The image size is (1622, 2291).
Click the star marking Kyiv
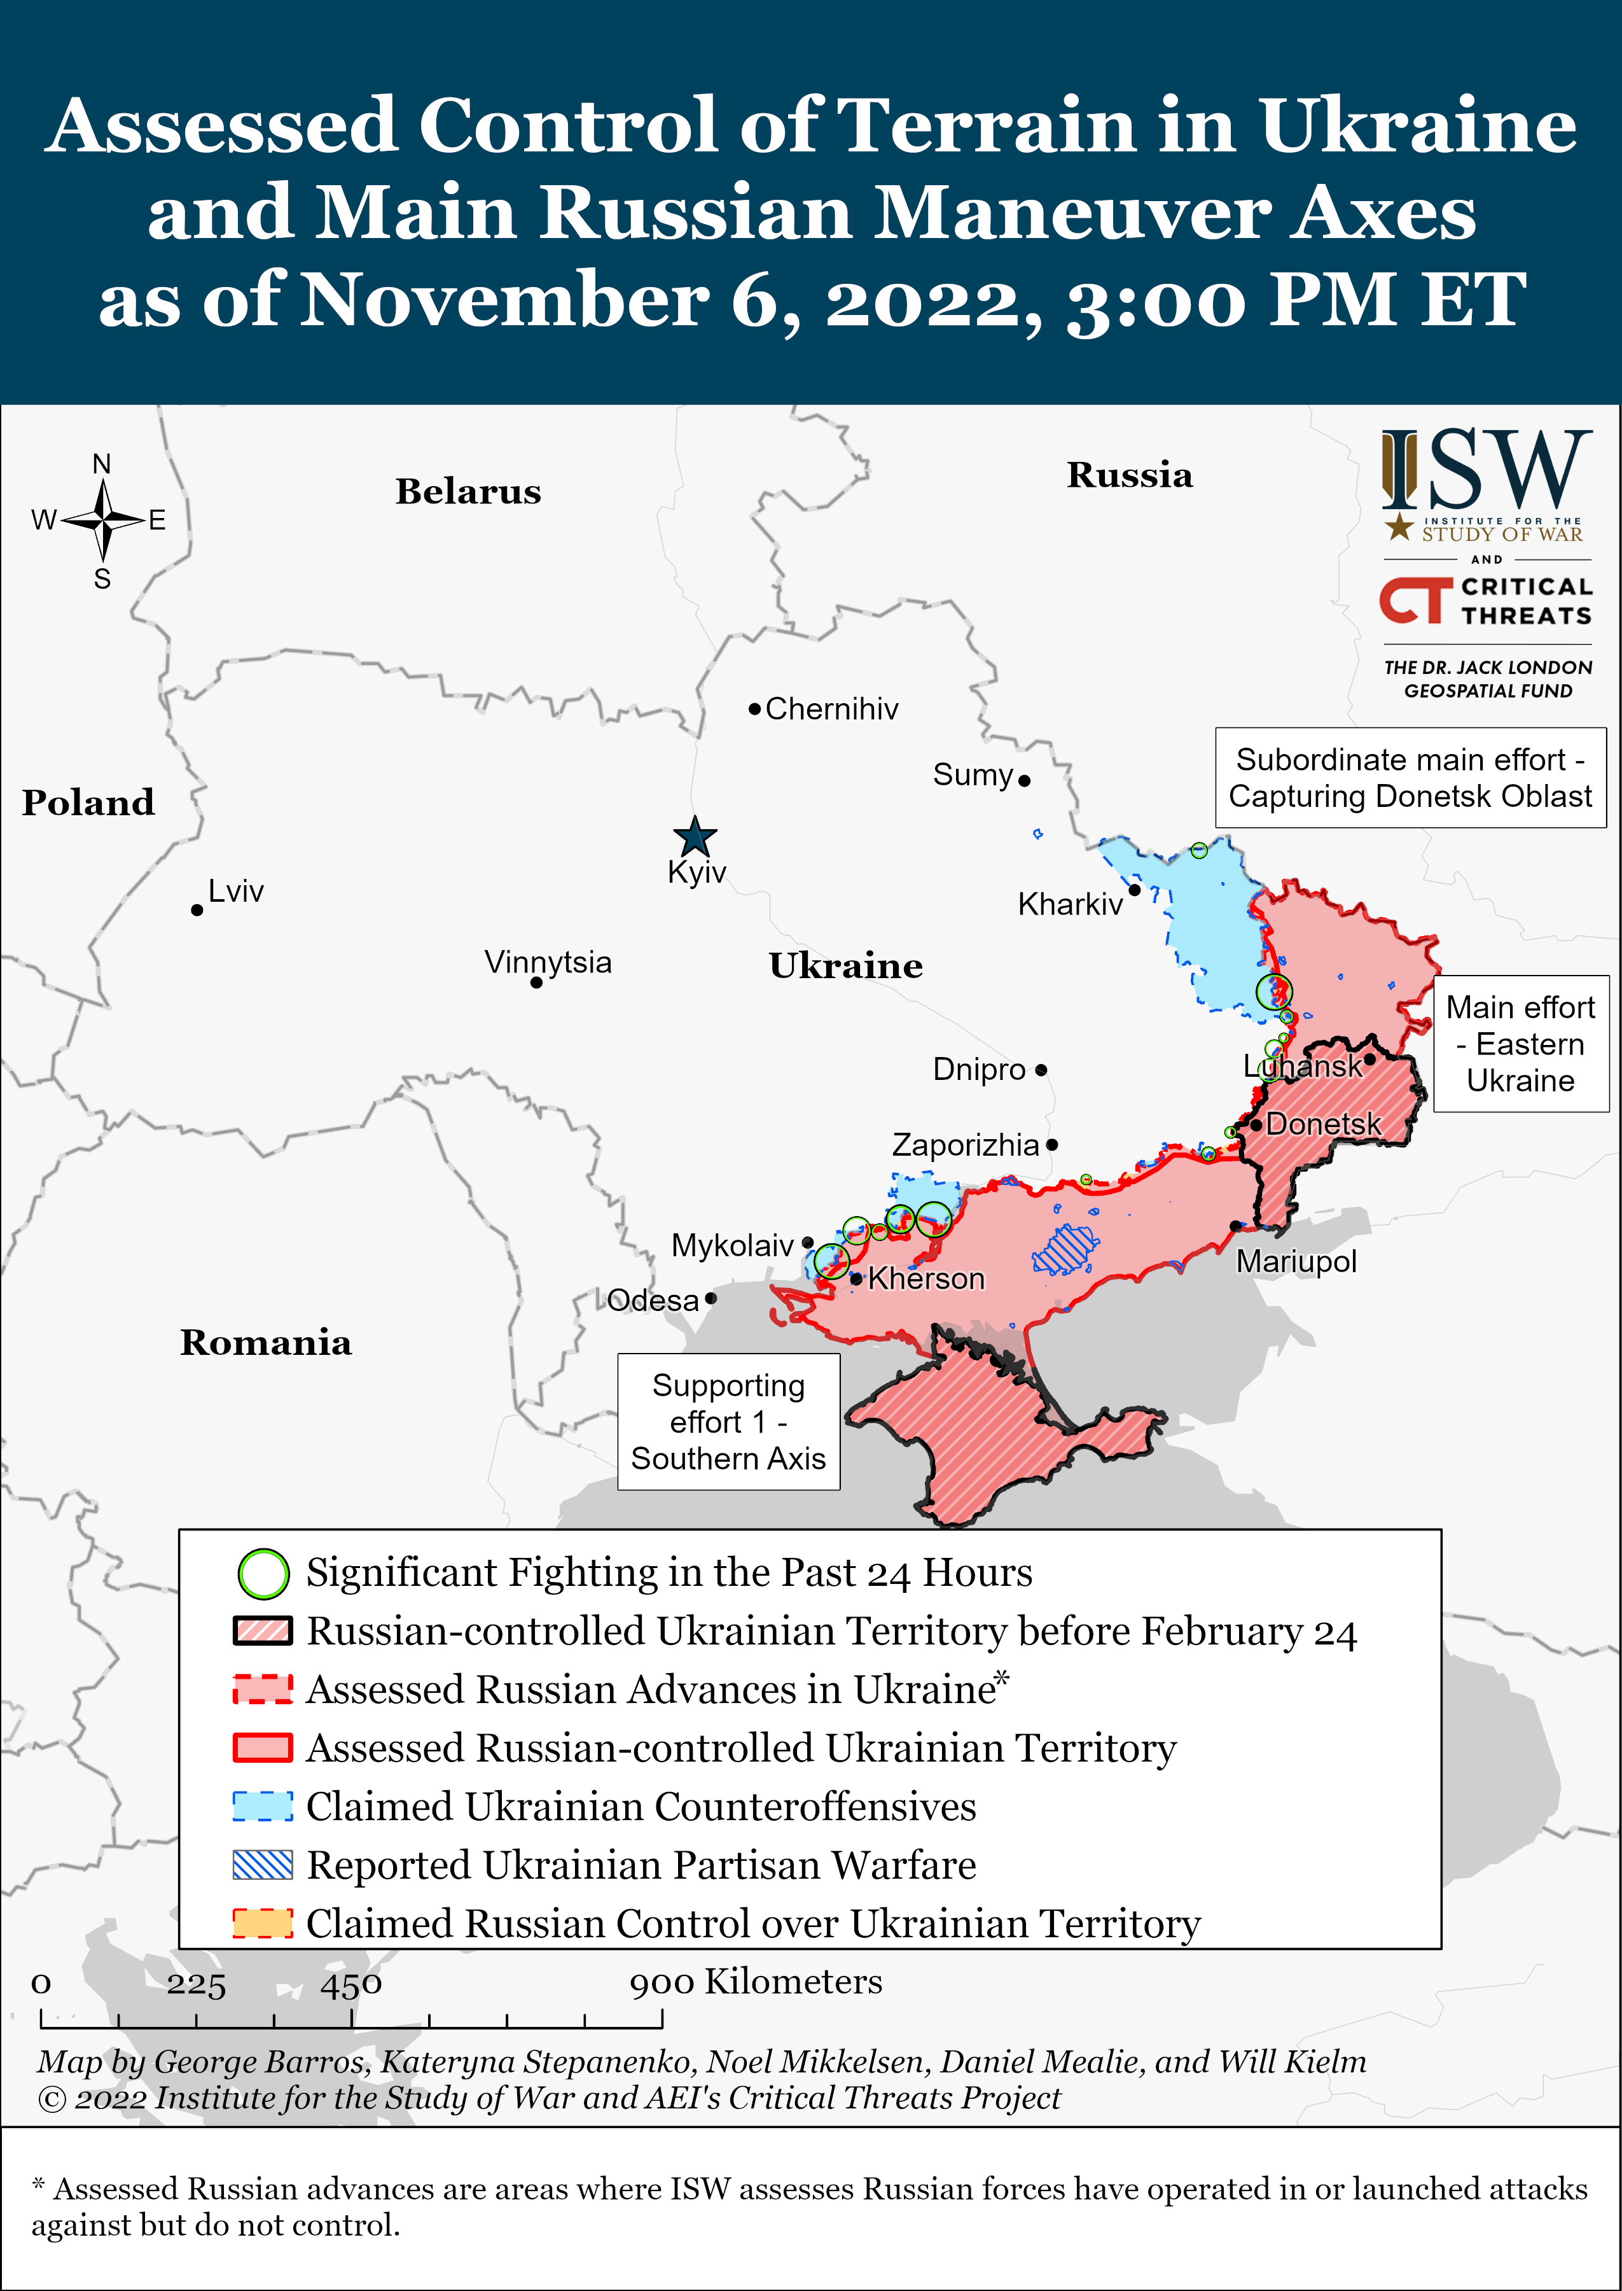coord(694,836)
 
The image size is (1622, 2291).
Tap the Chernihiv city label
coord(831,710)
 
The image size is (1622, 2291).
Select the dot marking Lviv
coord(197,910)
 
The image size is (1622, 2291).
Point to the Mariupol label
coord(1296,1262)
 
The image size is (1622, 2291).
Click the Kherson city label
coord(926,1279)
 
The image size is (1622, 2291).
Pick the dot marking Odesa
coord(710,1299)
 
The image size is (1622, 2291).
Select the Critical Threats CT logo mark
coord(1415,601)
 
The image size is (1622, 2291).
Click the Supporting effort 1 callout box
coord(728,1422)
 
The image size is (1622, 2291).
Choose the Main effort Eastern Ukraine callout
coord(1520,1044)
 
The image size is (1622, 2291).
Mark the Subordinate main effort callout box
coord(1410,778)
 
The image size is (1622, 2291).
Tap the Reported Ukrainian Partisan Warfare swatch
coord(263,1865)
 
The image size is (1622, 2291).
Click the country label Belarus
coord(468,491)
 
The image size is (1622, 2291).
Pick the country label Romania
coord(266,1343)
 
